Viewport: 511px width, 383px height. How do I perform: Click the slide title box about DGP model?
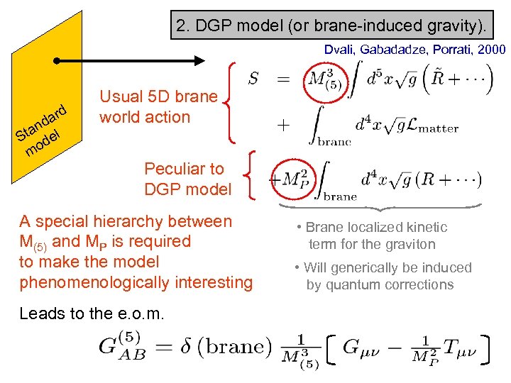tap(332, 27)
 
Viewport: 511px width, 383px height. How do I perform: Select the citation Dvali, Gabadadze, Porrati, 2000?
tap(414, 50)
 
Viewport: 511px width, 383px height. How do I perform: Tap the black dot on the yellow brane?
tap(57, 62)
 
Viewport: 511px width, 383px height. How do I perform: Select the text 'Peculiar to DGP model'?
tap(187, 179)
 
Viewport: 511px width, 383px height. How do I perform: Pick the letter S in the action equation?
tap(253, 79)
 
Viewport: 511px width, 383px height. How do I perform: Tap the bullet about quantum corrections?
tap(383, 276)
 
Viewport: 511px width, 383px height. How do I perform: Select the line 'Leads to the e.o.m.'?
tap(92, 313)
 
